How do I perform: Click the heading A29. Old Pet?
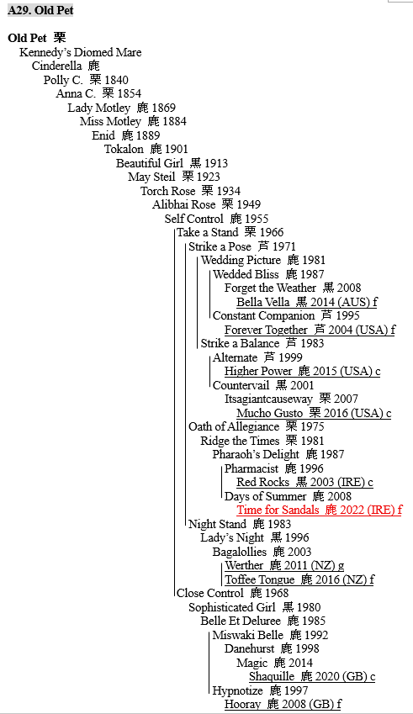(x=40, y=10)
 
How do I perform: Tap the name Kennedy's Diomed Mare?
(x=81, y=52)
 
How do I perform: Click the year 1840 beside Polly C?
(x=117, y=80)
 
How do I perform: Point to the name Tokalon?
(x=124, y=150)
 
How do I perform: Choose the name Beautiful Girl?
(x=150, y=163)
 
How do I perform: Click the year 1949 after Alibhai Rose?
(x=249, y=204)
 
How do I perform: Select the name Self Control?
(x=194, y=219)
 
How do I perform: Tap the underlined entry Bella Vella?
(x=263, y=302)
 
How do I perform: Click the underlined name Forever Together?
(x=266, y=330)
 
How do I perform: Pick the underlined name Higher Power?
(x=258, y=371)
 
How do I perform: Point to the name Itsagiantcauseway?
(x=268, y=399)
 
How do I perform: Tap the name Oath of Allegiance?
(x=234, y=426)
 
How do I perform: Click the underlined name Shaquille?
(x=272, y=677)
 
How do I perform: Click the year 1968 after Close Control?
(x=277, y=594)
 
